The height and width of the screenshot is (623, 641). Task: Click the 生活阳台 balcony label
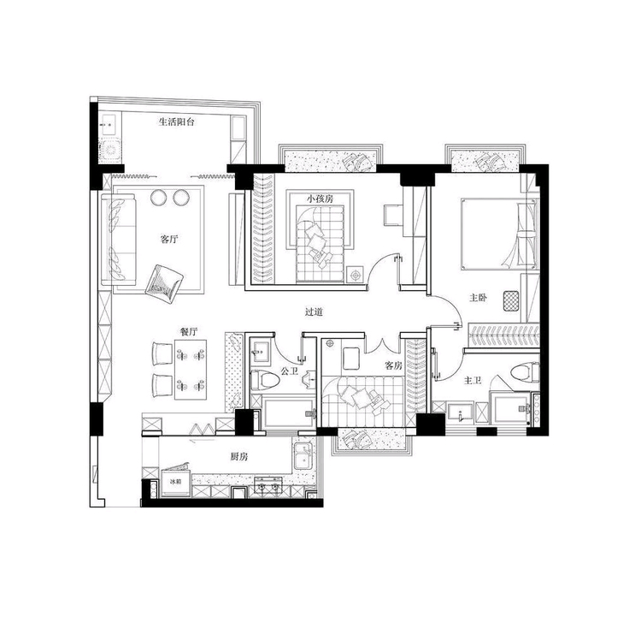click(x=176, y=122)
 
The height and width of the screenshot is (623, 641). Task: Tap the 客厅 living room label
click(x=169, y=240)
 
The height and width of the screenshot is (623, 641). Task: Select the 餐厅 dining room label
click(x=189, y=331)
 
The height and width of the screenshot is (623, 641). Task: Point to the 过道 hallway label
click(x=314, y=311)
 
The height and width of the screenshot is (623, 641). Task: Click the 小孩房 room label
click(x=320, y=199)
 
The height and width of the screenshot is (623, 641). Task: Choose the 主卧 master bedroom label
click(x=478, y=298)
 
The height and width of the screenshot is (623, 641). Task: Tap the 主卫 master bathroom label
click(x=472, y=381)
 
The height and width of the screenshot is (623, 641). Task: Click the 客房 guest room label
click(x=393, y=365)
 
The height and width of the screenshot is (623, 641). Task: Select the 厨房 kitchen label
click(x=238, y=457)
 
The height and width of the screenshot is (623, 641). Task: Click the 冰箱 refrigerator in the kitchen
click(x=176, y=483)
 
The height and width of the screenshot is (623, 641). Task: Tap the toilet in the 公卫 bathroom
click(x=265, y=379)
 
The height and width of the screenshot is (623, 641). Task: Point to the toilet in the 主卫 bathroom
click(x=525, y=371)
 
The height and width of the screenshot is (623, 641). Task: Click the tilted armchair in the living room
click(x=164, y=284)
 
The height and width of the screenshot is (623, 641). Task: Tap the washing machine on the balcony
click(x=110, y=151)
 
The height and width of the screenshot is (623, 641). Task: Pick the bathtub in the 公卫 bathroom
click(x=288, y=412)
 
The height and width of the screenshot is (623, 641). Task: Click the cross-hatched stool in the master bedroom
click(x=511, y=301)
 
